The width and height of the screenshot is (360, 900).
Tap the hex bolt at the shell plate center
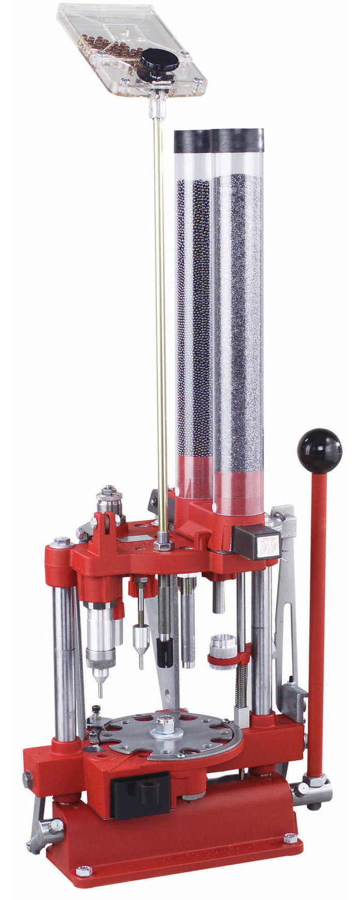coord(167,723)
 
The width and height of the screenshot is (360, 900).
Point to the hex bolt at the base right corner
coord(290,836)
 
